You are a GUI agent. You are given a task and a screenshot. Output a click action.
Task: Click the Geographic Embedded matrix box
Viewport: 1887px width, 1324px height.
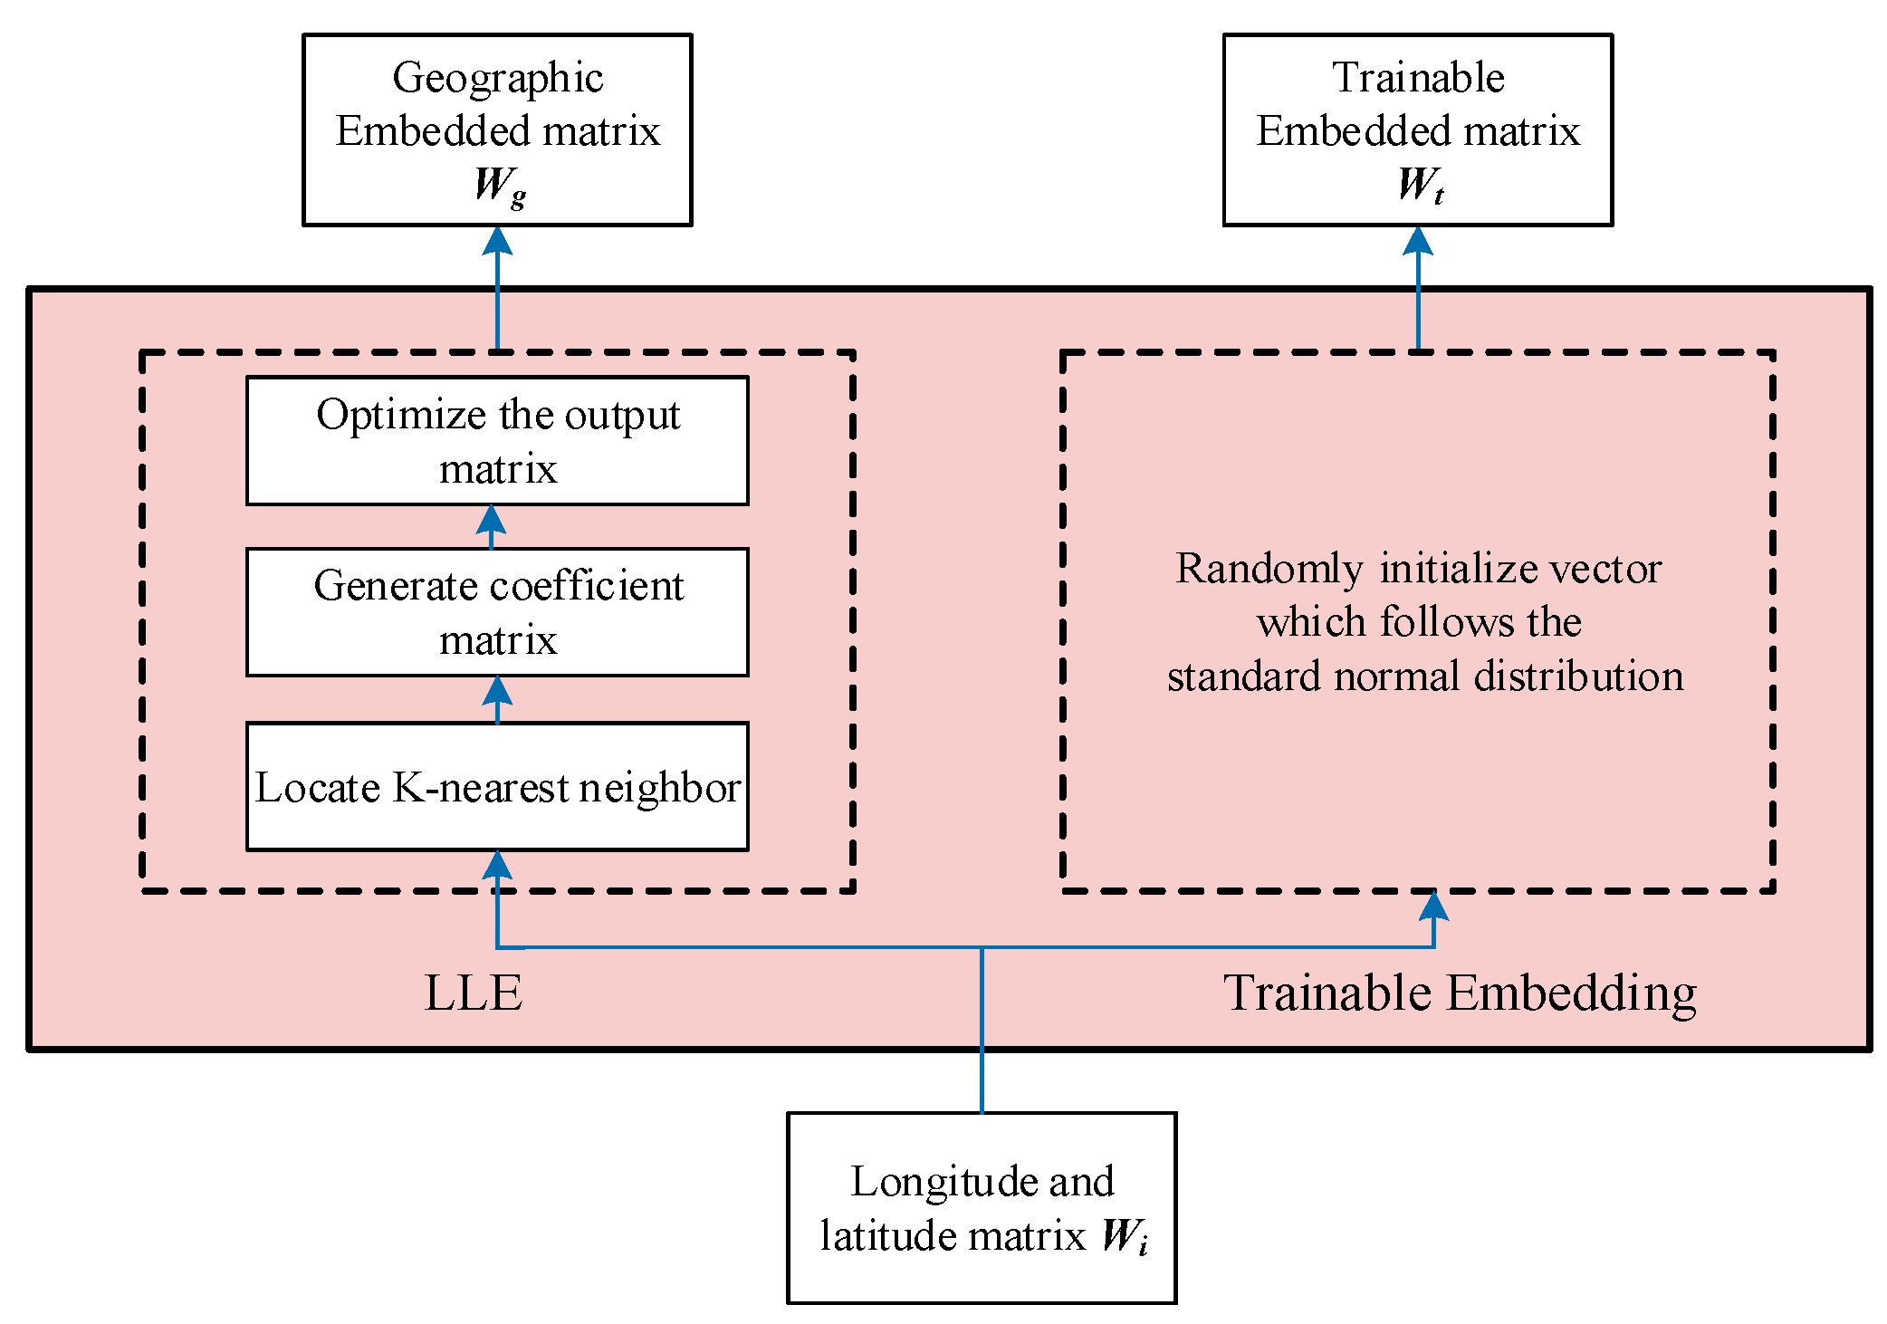[497, 130]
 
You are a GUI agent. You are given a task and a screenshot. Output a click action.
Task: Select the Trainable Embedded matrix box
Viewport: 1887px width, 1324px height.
[1417, 130]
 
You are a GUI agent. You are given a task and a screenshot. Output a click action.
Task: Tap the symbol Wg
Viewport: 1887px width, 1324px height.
[499, 186]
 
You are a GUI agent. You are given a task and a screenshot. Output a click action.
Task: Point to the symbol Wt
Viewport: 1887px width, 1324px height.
[1419, 185]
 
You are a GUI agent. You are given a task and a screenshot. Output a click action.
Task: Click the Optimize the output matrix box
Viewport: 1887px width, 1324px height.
[497, 441]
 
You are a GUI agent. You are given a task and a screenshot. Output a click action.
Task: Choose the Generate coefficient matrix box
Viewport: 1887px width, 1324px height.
[497, 612]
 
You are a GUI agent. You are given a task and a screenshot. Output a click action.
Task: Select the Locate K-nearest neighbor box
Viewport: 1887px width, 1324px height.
[497, 786]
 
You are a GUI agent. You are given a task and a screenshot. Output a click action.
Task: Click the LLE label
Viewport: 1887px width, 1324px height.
[474, 993]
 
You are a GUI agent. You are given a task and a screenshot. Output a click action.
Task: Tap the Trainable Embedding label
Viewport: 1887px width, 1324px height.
[1460, 993]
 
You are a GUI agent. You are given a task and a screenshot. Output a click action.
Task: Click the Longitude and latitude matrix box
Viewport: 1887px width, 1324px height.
[982, 1207]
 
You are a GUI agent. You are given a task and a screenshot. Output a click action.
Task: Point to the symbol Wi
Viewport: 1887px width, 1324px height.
[1124, 1236]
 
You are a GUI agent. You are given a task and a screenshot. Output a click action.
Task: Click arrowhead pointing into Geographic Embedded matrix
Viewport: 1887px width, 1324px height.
[497, 241]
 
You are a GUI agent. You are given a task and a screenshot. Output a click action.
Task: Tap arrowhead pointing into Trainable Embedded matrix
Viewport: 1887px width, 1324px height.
[1417, 241]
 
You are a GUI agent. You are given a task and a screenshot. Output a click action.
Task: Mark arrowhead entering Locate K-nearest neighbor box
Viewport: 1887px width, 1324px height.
[497, 865]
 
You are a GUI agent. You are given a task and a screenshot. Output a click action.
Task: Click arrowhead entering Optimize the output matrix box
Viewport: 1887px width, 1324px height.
[491, 519]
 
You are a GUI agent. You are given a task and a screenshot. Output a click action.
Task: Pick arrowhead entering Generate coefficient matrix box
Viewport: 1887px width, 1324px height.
[497, 691]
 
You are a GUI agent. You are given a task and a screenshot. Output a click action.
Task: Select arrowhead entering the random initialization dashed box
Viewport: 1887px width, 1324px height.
[1433, 906]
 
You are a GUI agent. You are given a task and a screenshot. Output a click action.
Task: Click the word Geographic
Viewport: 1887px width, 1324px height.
[497, 78]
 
